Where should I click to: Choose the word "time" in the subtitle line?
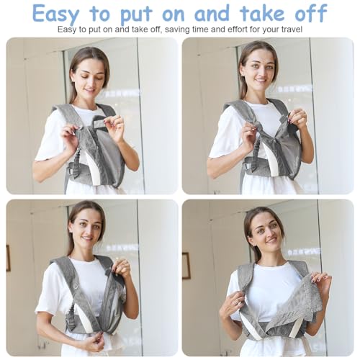(198, 30)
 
